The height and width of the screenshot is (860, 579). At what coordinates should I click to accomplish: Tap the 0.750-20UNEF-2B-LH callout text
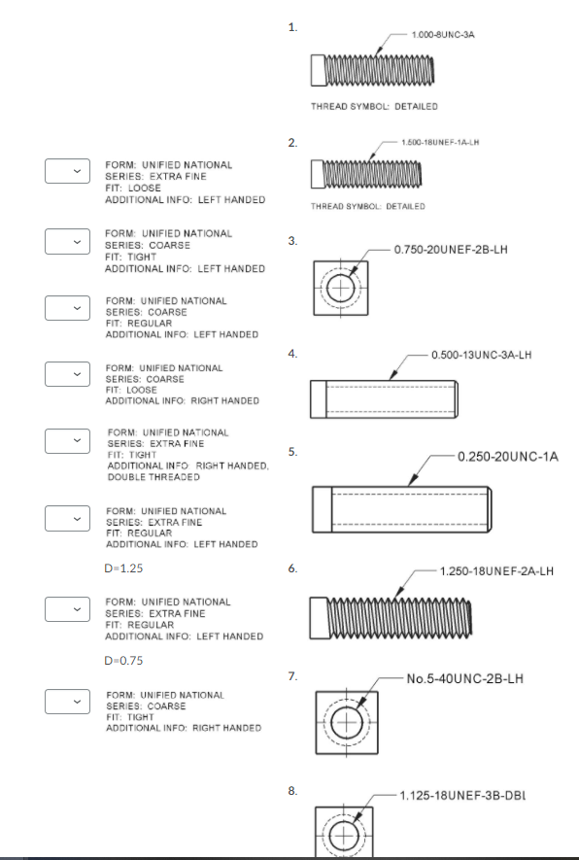pos(452,250)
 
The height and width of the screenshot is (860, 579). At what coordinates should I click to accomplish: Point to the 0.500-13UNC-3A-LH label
pos(482,355)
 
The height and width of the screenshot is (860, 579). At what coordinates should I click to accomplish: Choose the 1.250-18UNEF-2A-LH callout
pos(496,570)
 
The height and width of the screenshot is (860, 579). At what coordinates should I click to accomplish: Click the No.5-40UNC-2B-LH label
pos(465,678)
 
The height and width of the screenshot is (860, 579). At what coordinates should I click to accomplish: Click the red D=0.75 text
pos(123,660)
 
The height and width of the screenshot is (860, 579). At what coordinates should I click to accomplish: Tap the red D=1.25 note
pos(123,568)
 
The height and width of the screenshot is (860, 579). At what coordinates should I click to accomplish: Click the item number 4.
pos(292,354)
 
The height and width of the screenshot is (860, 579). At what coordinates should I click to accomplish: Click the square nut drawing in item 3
pos(340,288)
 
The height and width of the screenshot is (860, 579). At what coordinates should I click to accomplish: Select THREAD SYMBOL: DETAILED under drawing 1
pos(373,106)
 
